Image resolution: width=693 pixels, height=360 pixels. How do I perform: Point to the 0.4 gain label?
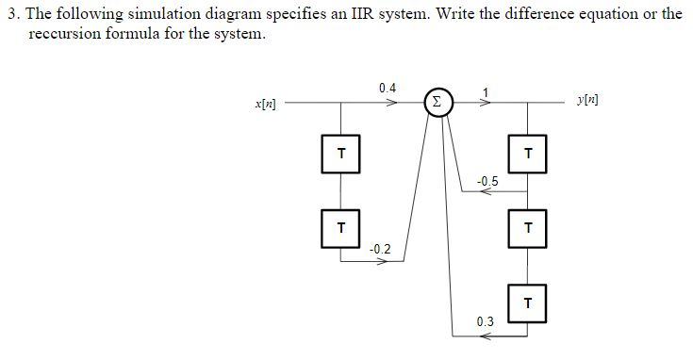coord(388,88)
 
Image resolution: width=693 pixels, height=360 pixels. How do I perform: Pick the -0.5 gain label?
coord(487,180)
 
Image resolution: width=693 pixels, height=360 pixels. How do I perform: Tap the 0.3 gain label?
coord(485,321)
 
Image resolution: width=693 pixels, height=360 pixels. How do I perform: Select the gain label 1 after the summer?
coord(487,89)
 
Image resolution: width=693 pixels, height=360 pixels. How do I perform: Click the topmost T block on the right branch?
coord(528,154)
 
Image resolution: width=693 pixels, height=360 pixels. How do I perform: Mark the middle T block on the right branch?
coord(528,226)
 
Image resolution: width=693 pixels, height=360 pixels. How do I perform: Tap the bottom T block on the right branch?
coord(528,303)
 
